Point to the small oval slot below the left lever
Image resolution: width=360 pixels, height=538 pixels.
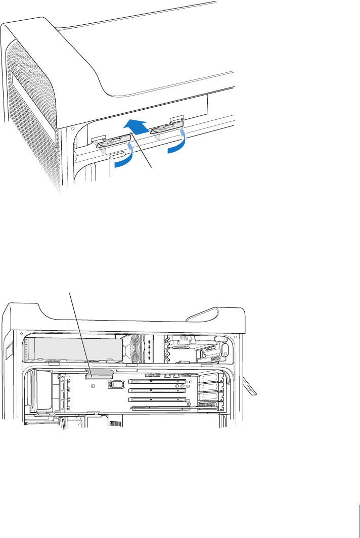117,153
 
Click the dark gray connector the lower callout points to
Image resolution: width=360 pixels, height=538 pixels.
100,374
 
